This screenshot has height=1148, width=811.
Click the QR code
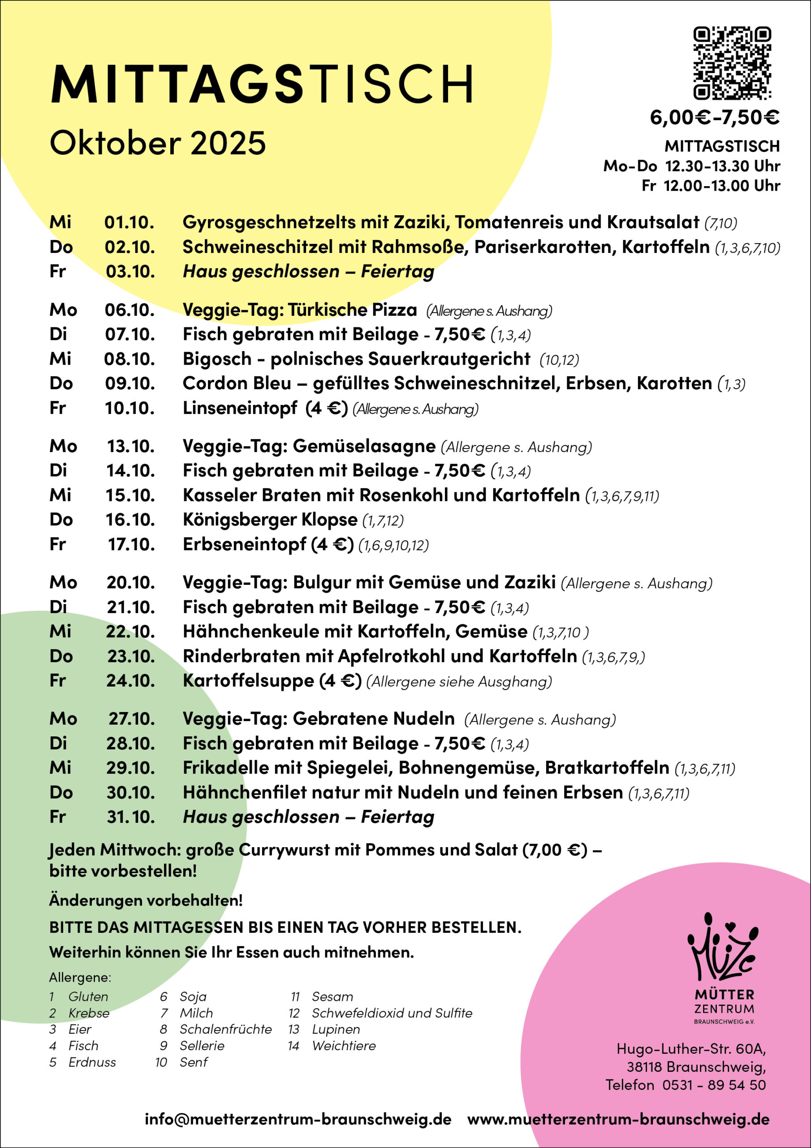732,63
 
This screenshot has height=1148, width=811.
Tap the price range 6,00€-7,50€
714,117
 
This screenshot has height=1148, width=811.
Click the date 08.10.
129,359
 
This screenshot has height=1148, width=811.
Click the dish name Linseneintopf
240,408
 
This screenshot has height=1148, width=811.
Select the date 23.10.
131,656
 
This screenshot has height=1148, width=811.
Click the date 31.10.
130,817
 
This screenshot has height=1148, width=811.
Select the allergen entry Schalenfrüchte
225,1029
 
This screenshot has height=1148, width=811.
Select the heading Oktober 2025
157,143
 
